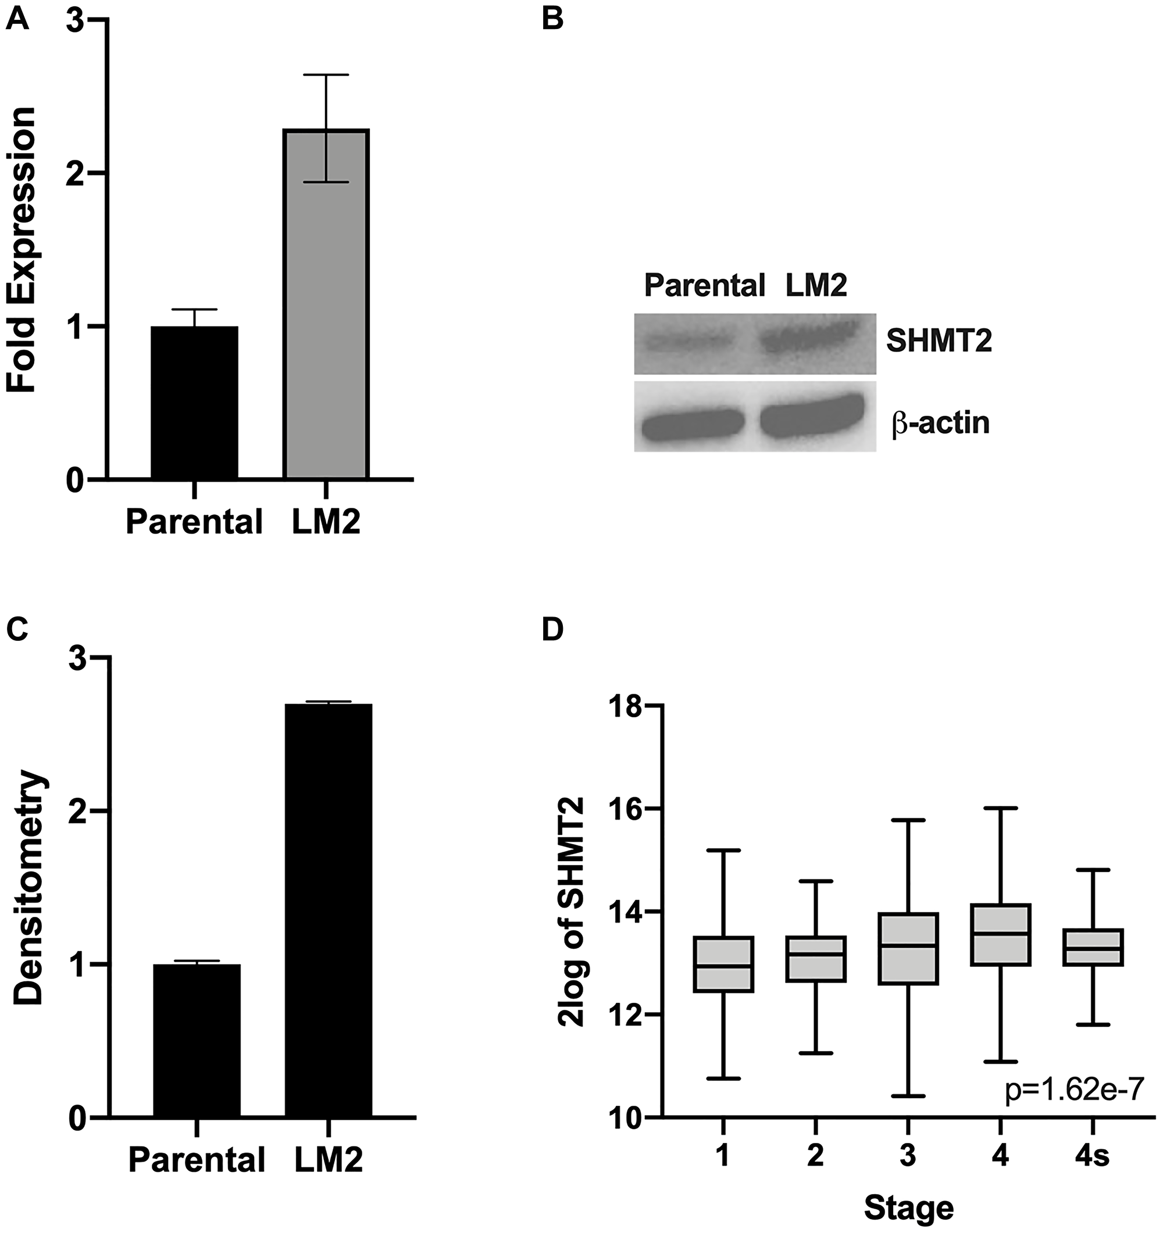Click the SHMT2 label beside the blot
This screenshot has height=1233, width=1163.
tap(939, 341)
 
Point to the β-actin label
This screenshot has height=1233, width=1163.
tap(940, 424)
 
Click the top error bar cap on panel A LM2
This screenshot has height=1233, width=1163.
tap(326, 75)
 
